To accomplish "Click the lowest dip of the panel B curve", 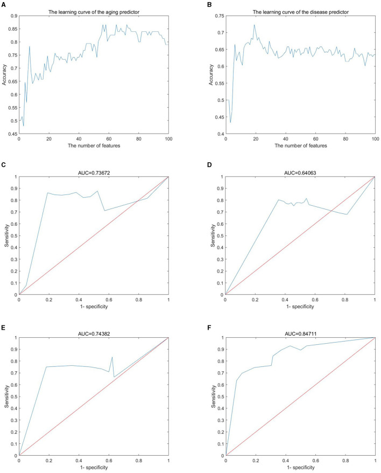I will (231, 122).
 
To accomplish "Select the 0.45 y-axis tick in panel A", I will (12, 134).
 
